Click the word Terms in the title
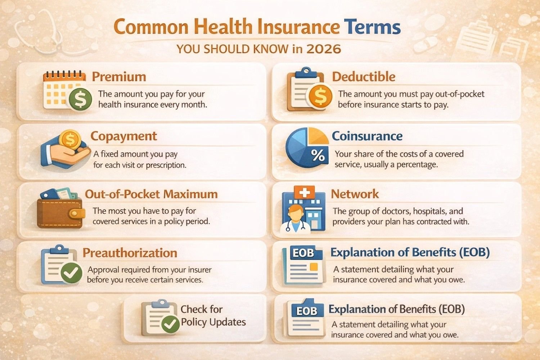click(x=372, y=27)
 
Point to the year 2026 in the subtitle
click(x=323, y=49)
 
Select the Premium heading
click(x=119, y=77)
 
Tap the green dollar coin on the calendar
click(x=80, y=99)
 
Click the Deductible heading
click(x=364, y=77)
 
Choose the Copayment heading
click(x=123, y=136)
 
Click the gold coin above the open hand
click(x=70, y=140)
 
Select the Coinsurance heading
click(x=367, y=136)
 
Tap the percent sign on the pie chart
click(x=318, y=156)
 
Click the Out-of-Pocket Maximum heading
click(x=151, y=194)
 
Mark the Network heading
click(x=355, y=194)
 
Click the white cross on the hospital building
click(x=304, y=193)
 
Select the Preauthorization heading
click(x=130, y=253)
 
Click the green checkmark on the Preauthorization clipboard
click(x=71, y=273)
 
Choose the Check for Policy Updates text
click(x=213, y=315)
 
